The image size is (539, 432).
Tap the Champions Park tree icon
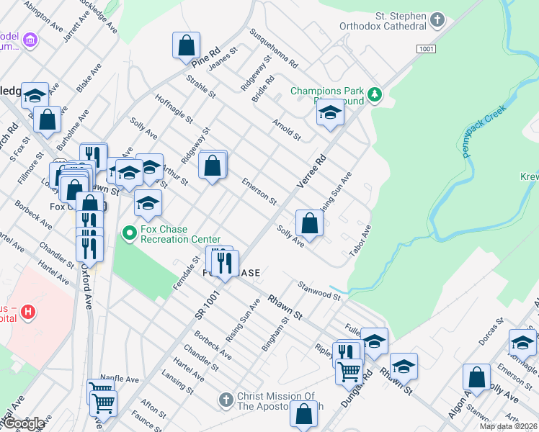[x=374, y=94]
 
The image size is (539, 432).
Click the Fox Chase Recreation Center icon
[x=130, y=233]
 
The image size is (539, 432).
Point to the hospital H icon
[x=28, y=312]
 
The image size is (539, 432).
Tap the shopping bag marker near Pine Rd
[x=187, y=45]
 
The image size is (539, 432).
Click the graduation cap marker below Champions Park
[x=330, y=114]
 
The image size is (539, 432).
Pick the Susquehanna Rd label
[x=274, y=48]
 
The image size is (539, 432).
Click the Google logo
[x=24, y=423]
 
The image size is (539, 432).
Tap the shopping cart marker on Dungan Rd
[x=349, y=372]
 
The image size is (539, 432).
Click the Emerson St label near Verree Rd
[x=259, y=190]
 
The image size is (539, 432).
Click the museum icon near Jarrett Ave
[x=30, y=40]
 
